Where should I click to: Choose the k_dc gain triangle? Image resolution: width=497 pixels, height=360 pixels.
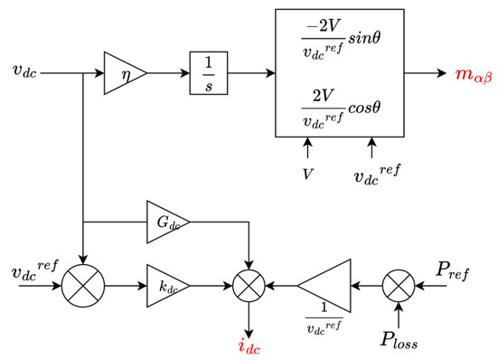(164, 286)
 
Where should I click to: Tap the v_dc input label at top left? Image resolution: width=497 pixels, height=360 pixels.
(24, 69)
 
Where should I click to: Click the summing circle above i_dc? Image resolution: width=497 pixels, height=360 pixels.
(246, 287)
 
